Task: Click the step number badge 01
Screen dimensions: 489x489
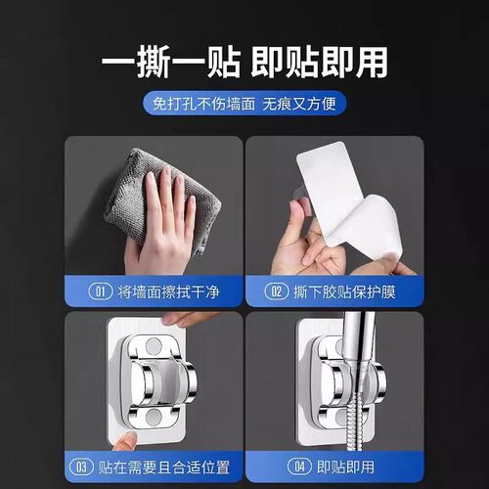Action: click(100, 291)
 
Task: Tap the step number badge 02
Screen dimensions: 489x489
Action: click(276, 291)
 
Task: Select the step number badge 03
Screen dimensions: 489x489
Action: click(81, 467)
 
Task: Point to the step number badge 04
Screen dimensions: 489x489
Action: click(300, 467)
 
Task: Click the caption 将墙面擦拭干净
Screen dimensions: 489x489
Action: click(168, 291)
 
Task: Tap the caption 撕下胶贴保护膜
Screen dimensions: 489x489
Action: click(344, 291)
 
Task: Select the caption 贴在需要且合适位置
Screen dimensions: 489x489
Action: click(164, 467)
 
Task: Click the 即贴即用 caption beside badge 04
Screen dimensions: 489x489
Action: click(345, 467)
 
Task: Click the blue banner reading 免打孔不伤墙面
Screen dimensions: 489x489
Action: click(244, 104)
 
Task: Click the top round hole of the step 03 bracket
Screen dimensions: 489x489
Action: click(154, 346)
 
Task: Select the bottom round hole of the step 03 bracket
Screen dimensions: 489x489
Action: click(154, 417)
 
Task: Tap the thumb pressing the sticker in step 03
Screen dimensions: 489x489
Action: click(125, 441)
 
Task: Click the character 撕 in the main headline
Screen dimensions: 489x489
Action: click(153, 62)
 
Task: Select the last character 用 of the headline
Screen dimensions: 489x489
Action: click(371, 62)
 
